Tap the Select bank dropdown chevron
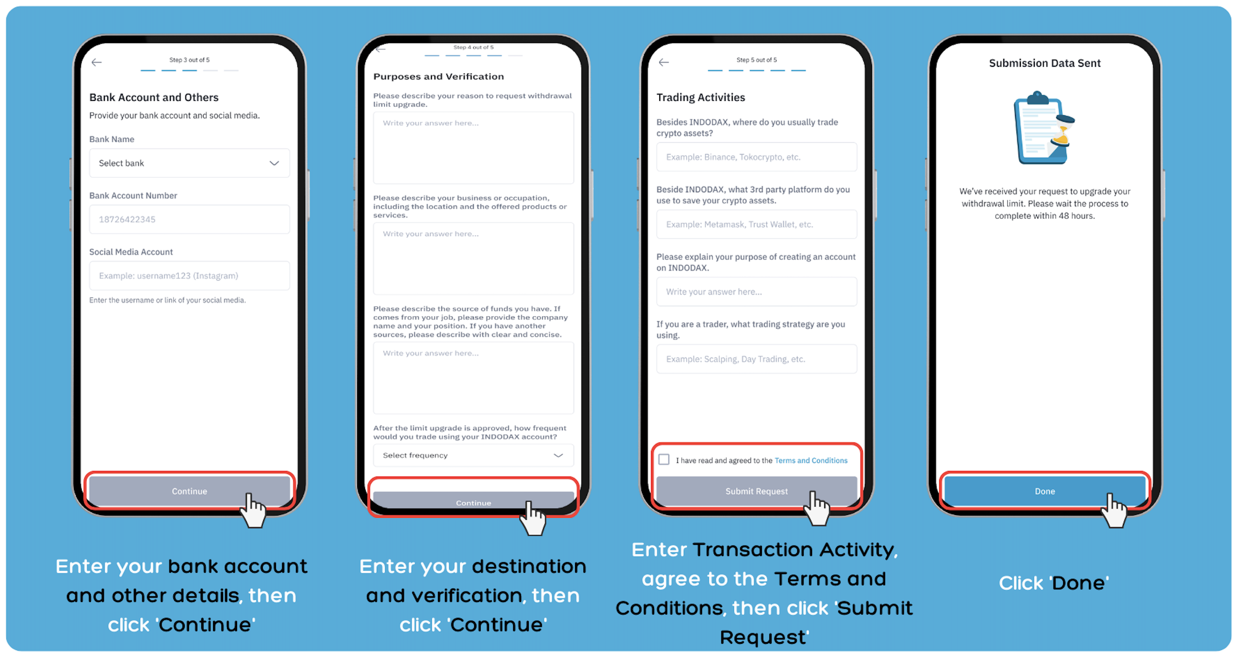point(274,163)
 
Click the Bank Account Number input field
point(189,220)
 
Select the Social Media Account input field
point(189,276)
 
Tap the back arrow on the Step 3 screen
point(97,62)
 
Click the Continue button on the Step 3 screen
point(189,491)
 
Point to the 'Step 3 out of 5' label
point(189,60)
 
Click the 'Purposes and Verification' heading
point(438,76)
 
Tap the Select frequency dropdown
point(473,455)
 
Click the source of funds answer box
point(473,378)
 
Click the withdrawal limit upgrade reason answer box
point(473,148)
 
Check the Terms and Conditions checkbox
point(664,460)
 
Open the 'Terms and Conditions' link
point(811,461)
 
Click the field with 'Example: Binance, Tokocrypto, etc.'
point(756,157)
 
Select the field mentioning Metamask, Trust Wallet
point(756,224)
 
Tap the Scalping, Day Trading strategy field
point(756,359)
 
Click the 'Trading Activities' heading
point(700,98)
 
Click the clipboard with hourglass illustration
point(1044,128)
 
